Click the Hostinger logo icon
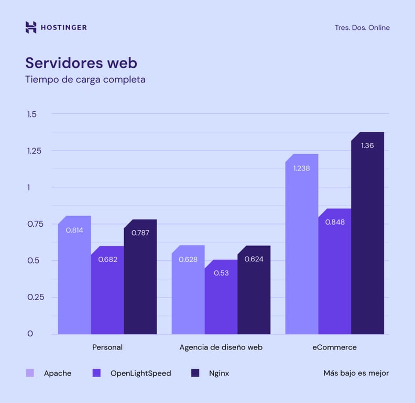coord(31,27)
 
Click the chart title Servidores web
coord(81,63)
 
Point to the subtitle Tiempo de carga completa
coord(85,80)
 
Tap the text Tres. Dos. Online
coord(362,28)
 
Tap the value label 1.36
coord(367,145)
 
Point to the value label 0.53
coord(221,273)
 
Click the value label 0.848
coord(335,222)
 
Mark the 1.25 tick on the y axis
coord(35,151)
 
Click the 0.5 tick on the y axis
coord(34,261)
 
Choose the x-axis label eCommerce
coord(334,347)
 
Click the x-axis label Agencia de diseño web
coord(221,347)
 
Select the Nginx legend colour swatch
coord(195,373)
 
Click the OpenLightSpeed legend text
coord(140,374)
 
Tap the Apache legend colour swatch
coord(30,373)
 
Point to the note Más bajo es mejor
coord(356,374)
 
